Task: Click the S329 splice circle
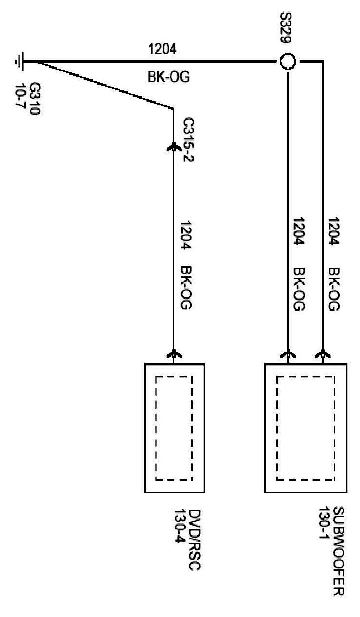tap(287, 62)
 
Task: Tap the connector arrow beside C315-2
tap(174, 146)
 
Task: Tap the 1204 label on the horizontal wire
tap(162, 49)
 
